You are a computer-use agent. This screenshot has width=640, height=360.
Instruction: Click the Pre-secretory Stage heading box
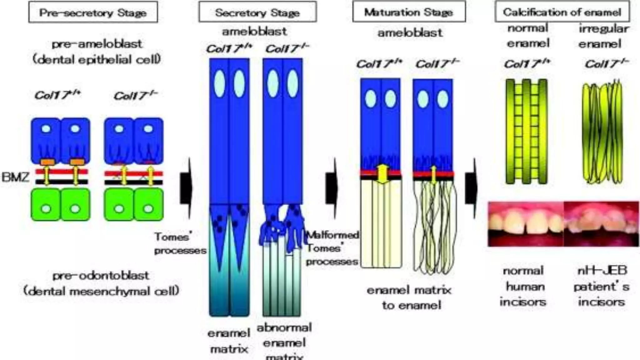[93, 12]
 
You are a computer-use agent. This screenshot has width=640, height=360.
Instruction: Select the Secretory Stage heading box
[257, 12]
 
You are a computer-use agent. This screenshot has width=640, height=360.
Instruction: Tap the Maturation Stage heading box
[409, 12]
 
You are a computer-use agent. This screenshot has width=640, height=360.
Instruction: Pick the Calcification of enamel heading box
[562, 12]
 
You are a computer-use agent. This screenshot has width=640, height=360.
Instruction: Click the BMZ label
[15, 177]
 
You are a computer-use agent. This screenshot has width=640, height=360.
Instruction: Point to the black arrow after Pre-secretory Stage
[186, 188]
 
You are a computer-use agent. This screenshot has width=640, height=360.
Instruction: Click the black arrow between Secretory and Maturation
[332, 188]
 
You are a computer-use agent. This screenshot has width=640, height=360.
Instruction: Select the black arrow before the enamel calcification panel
[471, 188]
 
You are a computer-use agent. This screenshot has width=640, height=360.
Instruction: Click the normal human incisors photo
[526, 224]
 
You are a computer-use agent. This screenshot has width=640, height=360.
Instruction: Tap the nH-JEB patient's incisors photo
[601, 224]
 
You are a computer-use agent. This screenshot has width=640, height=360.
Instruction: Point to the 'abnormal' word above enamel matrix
[284, 327]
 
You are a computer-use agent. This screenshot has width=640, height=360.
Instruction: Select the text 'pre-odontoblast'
[101, 276]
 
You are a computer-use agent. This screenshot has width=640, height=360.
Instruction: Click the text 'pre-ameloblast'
[97, 44]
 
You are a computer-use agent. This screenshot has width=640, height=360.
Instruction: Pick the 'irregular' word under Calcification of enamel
[604, 28]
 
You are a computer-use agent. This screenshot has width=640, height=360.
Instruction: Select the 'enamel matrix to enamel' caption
[409, 297]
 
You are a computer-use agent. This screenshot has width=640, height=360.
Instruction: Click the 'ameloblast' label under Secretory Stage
[254, 31]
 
